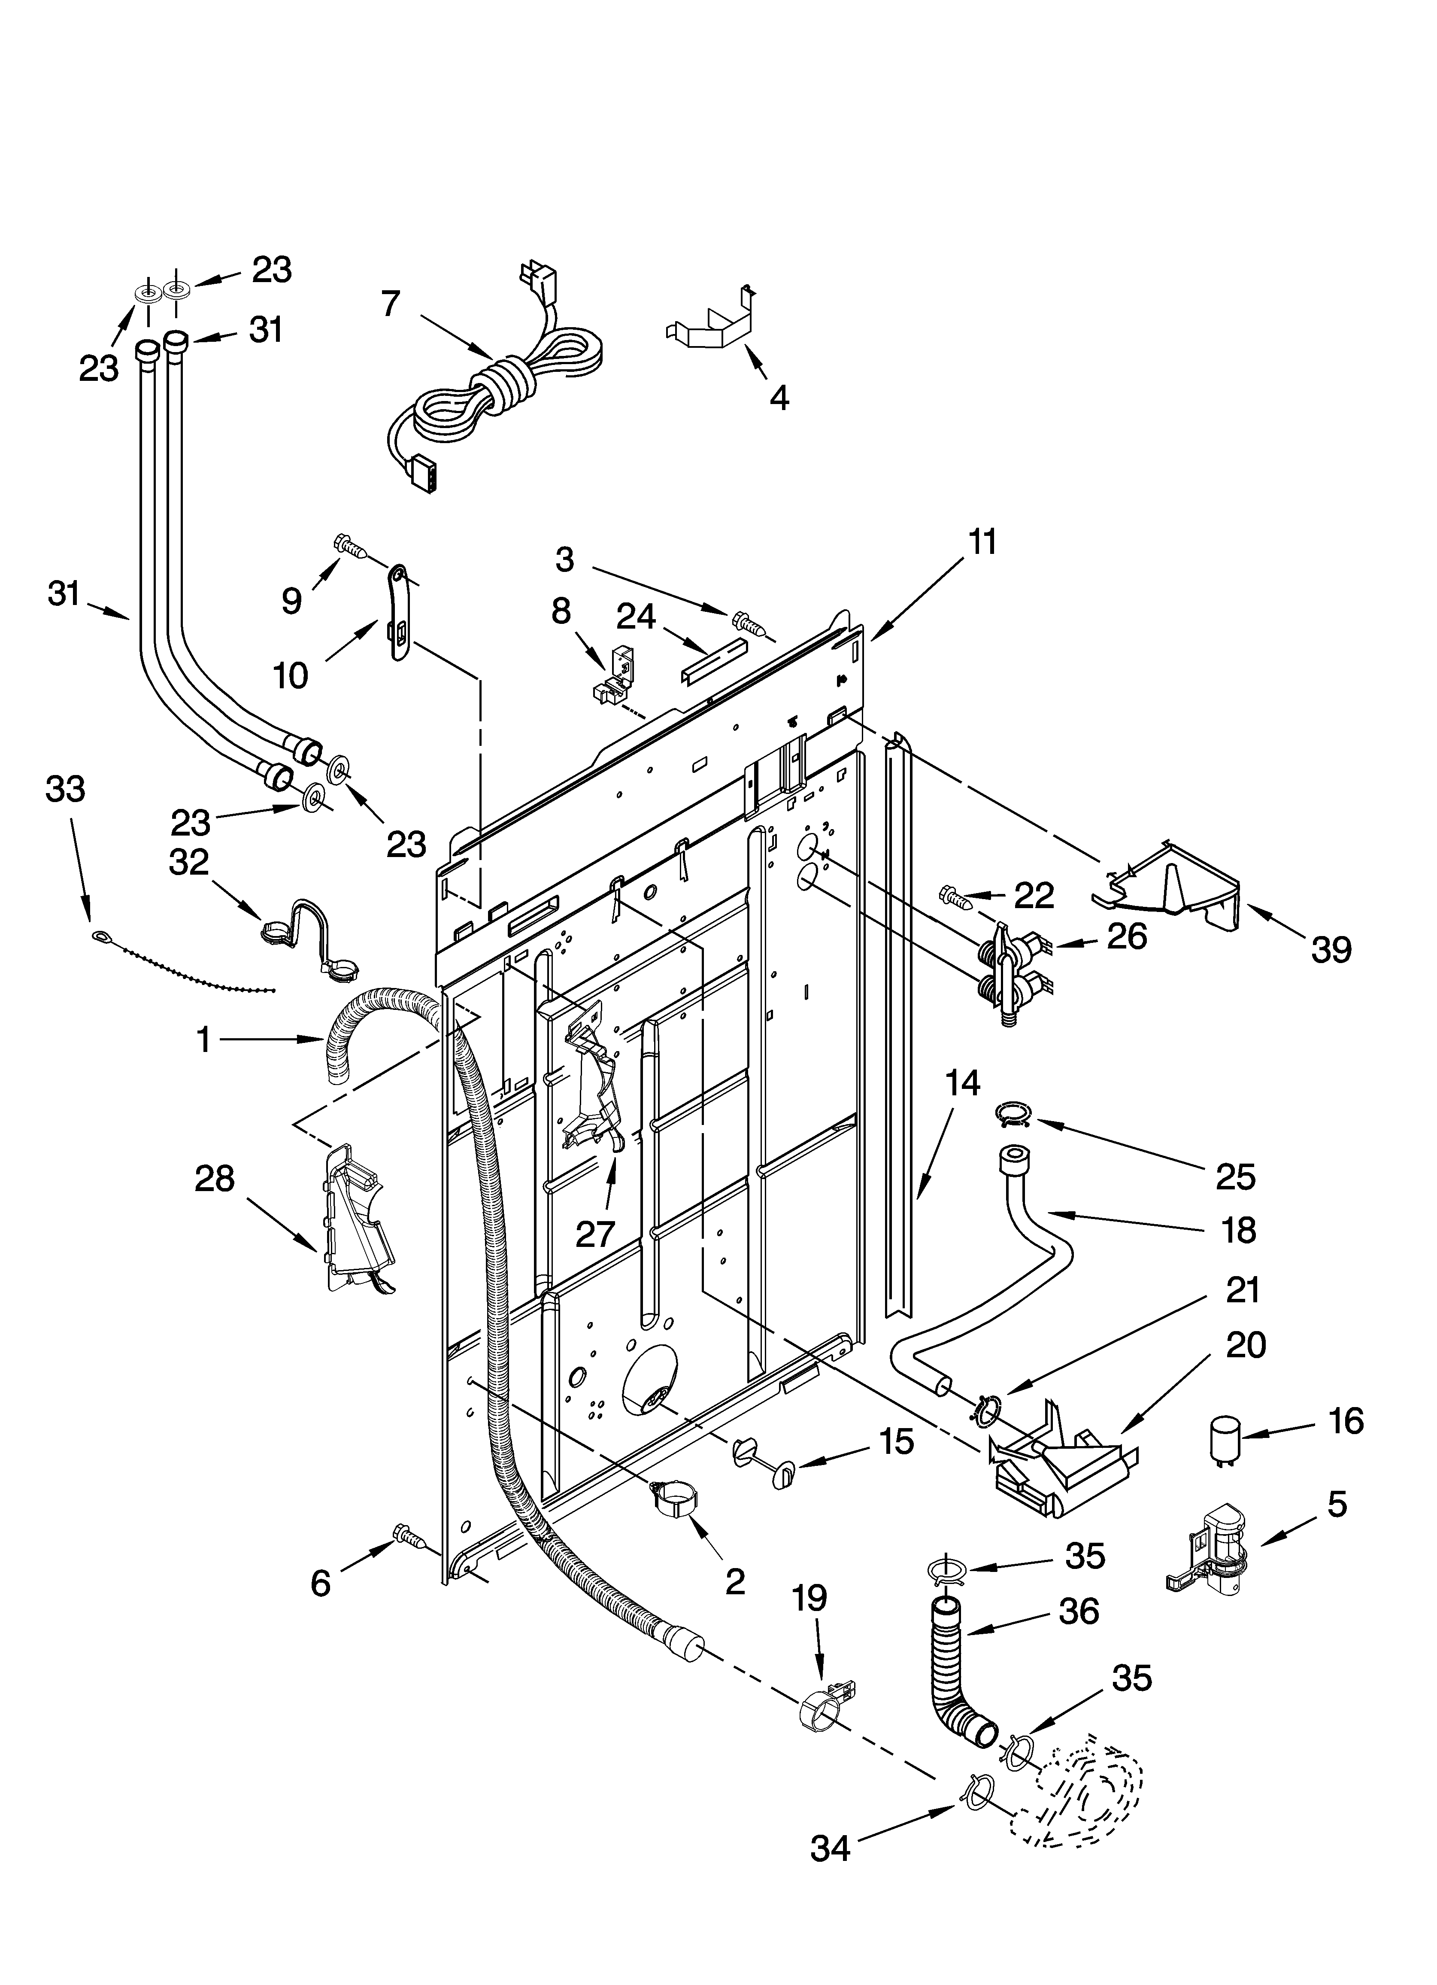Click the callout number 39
click(1330, 949)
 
